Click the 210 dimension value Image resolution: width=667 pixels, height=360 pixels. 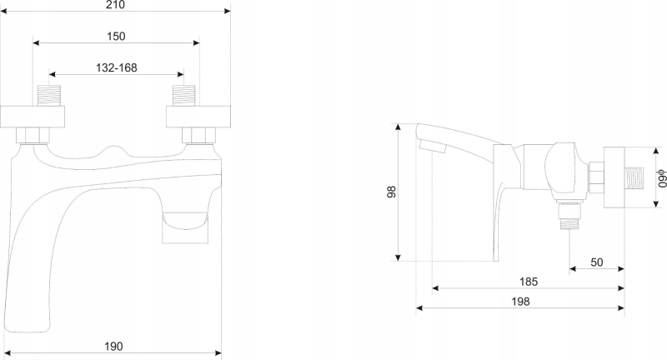116,5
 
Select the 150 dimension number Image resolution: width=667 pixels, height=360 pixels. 116,37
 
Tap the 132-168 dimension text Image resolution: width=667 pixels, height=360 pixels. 117,68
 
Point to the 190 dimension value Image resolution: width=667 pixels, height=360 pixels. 113,347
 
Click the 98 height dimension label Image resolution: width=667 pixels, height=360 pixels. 391,192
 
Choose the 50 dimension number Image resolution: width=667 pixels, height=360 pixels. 597,262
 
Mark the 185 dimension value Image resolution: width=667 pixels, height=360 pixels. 529,282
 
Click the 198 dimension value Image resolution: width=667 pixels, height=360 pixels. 520,302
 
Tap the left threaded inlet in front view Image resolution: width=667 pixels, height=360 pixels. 49,95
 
